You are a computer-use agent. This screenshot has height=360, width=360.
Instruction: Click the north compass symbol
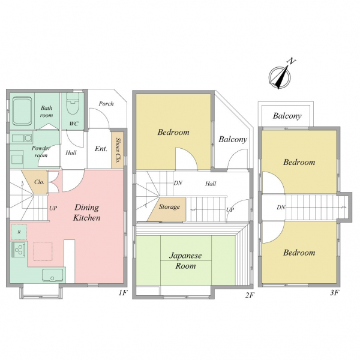(280, 76)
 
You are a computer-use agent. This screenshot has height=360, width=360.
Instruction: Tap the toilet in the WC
(73, 104)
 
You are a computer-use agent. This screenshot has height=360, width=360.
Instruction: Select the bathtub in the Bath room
(22, 111)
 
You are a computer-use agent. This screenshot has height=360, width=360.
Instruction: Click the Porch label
(106, 104)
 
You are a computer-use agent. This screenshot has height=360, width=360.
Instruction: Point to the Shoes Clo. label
(118, 151)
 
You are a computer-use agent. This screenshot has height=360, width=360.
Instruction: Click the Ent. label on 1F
(101, 149)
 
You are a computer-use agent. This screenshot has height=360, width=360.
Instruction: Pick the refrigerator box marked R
(19, 232)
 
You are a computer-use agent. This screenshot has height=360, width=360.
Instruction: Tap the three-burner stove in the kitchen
(19, 250)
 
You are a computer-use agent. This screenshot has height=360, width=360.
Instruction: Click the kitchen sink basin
(53, 275)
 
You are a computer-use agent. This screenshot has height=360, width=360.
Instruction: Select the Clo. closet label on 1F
(39, 182)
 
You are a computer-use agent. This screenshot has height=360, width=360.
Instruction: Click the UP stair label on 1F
(53, 208)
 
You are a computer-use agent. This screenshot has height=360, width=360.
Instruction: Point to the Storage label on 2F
(169, 207)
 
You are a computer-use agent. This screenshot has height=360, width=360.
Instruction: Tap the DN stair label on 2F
(178, 183)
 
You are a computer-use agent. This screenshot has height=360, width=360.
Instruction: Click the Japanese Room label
(185, 260)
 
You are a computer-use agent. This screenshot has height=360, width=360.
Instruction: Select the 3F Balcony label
(287, 116)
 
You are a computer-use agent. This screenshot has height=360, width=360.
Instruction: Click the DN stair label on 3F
(281, 208)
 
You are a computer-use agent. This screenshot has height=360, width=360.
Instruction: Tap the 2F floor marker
(250, 295)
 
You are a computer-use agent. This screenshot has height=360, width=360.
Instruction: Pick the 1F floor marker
(123, 293)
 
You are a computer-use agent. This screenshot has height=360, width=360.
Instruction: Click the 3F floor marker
(335, 293)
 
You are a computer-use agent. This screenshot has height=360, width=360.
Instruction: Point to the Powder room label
(41, 152)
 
